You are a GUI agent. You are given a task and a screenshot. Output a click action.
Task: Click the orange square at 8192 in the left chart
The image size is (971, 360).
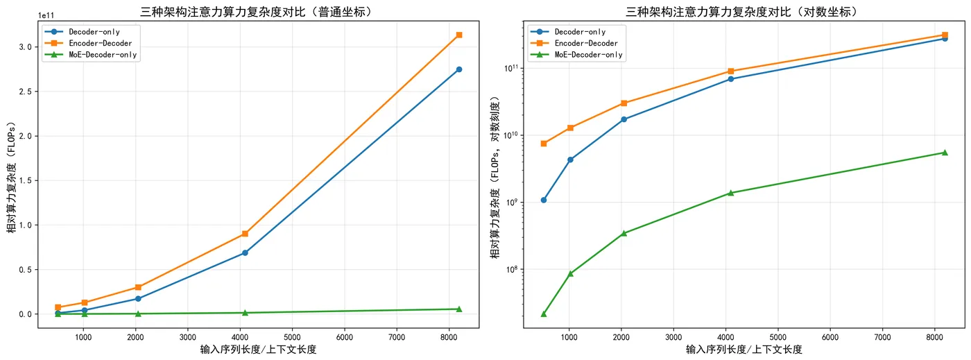pyautogui.click(x=459, y=35)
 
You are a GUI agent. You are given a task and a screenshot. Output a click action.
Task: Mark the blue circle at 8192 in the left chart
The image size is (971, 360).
pyautogui.click(x=459, y=69)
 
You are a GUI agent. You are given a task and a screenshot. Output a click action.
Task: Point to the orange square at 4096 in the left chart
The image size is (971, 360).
pyautogui.click(x=245, y=234)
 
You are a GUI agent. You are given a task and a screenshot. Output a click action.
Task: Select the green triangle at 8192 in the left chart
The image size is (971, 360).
pyautogui.click(x=459, y=309)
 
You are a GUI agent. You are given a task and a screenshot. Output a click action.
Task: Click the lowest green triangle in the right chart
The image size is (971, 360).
pyautogui.click(x=544, y=314)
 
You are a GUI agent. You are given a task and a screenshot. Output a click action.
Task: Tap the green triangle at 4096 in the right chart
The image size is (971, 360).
pyautogui.click(x=730, y=193)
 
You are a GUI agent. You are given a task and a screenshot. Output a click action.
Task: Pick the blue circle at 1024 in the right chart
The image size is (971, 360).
pyautogui.click(x=570, y=160)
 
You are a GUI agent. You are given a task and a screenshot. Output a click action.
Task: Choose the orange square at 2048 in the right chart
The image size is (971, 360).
pyautogui.click(x=624, y=103)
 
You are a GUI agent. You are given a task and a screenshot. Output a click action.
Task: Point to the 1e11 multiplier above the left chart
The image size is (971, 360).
pyautogui.click(x=46, y=15)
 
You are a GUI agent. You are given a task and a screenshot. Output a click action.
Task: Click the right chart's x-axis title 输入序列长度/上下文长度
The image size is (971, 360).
pyautogui.click(x=744, y=350)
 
